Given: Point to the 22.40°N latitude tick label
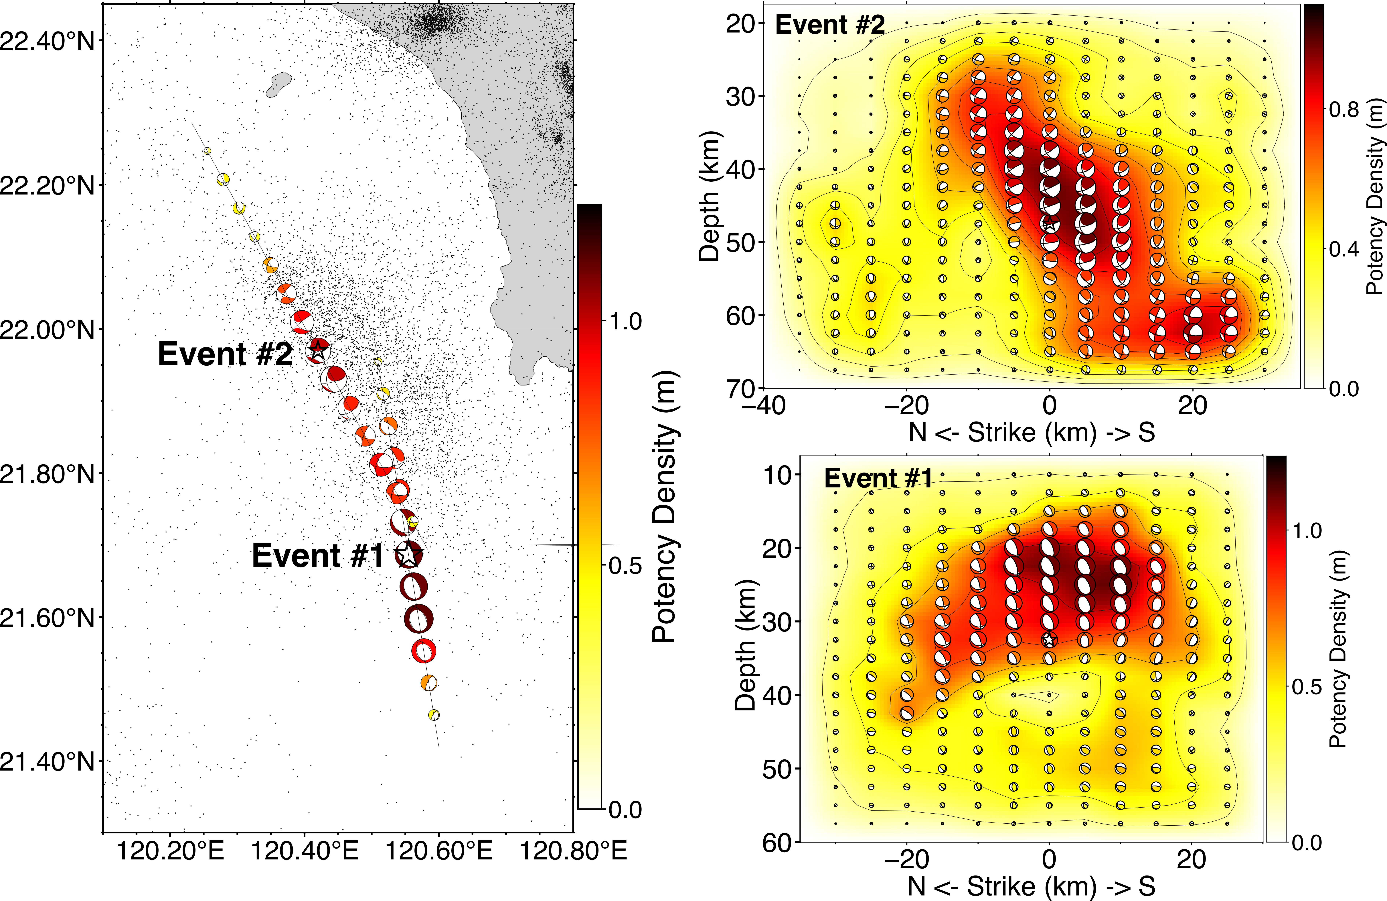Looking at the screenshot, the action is (x=47, y=41).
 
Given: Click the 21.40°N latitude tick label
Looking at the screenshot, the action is (x=47, y=761).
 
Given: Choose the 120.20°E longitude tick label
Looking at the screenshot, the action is (x=170, y=851).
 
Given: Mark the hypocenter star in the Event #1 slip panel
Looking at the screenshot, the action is (x=1049, y=639).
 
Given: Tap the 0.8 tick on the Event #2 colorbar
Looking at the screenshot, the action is (x=1344, y=109).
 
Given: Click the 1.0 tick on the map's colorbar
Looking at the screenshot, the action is (x=625, y=321).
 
